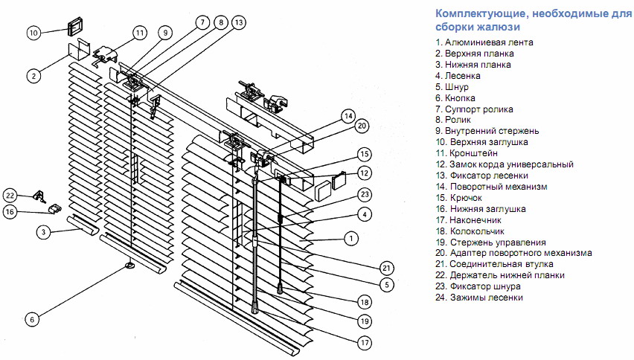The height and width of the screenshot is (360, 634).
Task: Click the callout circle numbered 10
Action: [33, 33]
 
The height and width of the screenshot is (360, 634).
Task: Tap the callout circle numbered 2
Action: [33, 74]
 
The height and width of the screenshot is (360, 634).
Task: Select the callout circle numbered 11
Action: [139, 33]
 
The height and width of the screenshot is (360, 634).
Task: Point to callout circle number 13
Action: [237, 23]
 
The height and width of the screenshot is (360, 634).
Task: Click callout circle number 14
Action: [348, 115]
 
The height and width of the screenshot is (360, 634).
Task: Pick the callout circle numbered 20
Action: [362, 126]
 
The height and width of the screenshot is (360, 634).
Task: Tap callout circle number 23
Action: [364, 195]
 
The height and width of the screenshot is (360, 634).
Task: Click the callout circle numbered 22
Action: [10, 195]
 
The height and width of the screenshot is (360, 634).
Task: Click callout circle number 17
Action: [364, 343]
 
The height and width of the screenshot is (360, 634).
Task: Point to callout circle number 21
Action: [385, 268]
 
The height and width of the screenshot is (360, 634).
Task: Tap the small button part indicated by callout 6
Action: [129, 264]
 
